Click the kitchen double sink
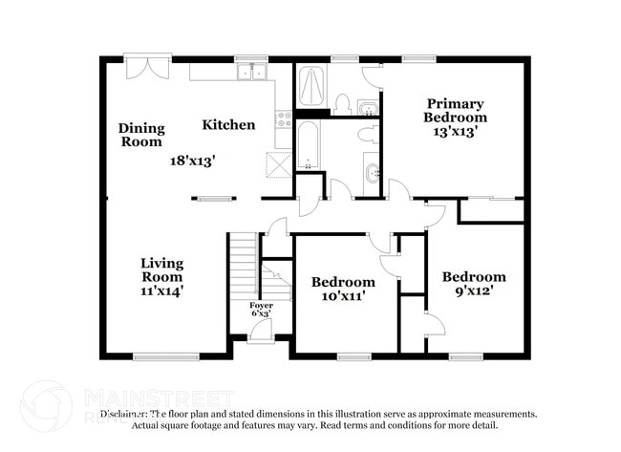[x=252, y=72]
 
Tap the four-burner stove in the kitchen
[x=284, y=119]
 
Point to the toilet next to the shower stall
[x=341, y=102]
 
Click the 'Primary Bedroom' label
[x=456, y=110]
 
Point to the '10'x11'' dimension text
[x=343, y=297]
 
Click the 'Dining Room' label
[x=141, y=135]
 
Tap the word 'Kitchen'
[x=228, y=124]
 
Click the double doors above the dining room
[x=148, y=68]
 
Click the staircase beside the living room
[x=245, y=268]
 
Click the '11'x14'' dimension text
[x=161, y=291]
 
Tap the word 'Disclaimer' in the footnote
[x=124, y=414]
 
